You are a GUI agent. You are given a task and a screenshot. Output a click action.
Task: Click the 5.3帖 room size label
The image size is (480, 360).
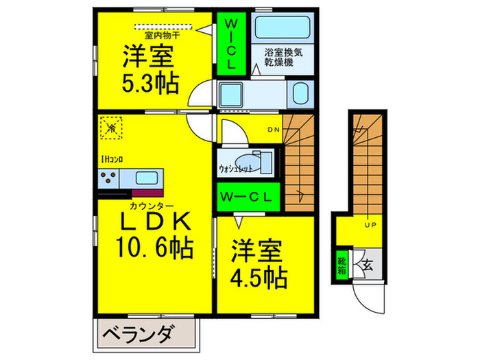coord(151,84)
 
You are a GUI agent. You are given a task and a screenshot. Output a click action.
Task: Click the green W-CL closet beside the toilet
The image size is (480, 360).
coord(248,196)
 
